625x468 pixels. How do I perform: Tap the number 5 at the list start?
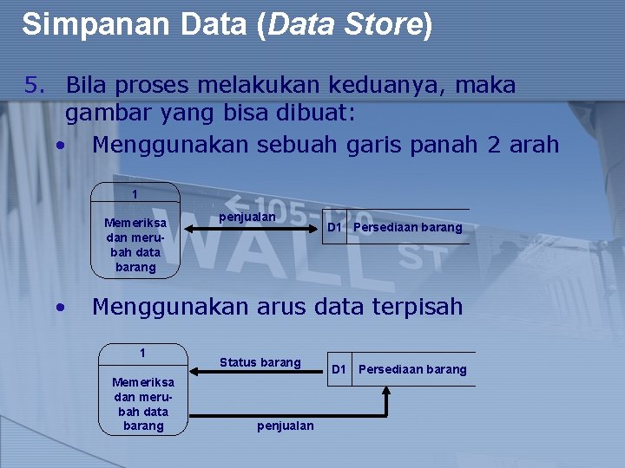[x=34, y=86]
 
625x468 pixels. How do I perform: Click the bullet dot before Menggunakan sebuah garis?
[x=58, y=145]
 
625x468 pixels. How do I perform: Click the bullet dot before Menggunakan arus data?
[x=58, y=307]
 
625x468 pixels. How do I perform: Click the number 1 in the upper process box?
[x=135, y=194]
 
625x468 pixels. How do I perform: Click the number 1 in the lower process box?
[x=143, y=353]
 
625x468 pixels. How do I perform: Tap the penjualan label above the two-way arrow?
[x=247, y=217]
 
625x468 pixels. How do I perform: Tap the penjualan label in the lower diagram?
[x=286, y=426]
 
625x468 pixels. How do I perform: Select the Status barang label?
[x=260, y=362]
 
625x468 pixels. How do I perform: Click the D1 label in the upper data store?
[x=334, y=228]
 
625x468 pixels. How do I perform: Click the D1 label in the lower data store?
[x=339, y=369]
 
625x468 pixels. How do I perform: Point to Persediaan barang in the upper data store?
[x=408, y=228]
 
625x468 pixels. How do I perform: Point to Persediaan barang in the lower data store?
[x=412, y=369]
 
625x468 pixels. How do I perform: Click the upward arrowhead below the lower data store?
[x=387, y=391]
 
